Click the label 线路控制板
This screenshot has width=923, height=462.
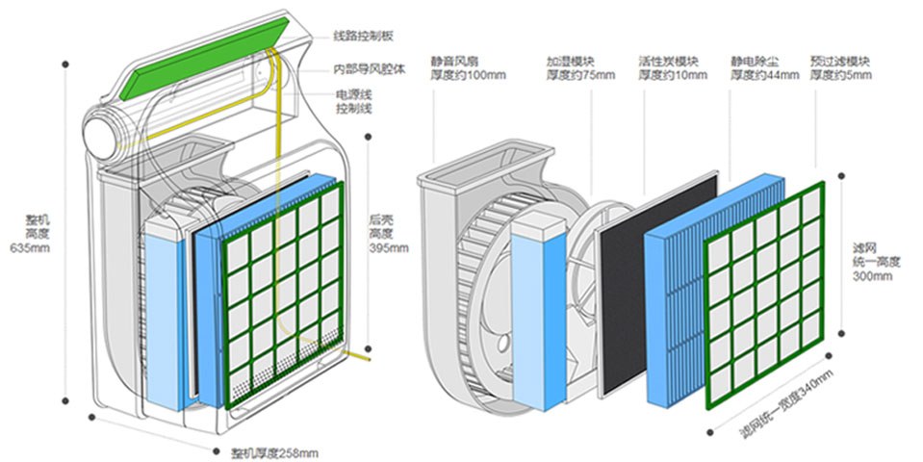point(363,37)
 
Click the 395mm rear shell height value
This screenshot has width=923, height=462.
point(388,247)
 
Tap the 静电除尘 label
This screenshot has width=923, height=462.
point(755,60)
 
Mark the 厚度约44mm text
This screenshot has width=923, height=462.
point(763,75)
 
